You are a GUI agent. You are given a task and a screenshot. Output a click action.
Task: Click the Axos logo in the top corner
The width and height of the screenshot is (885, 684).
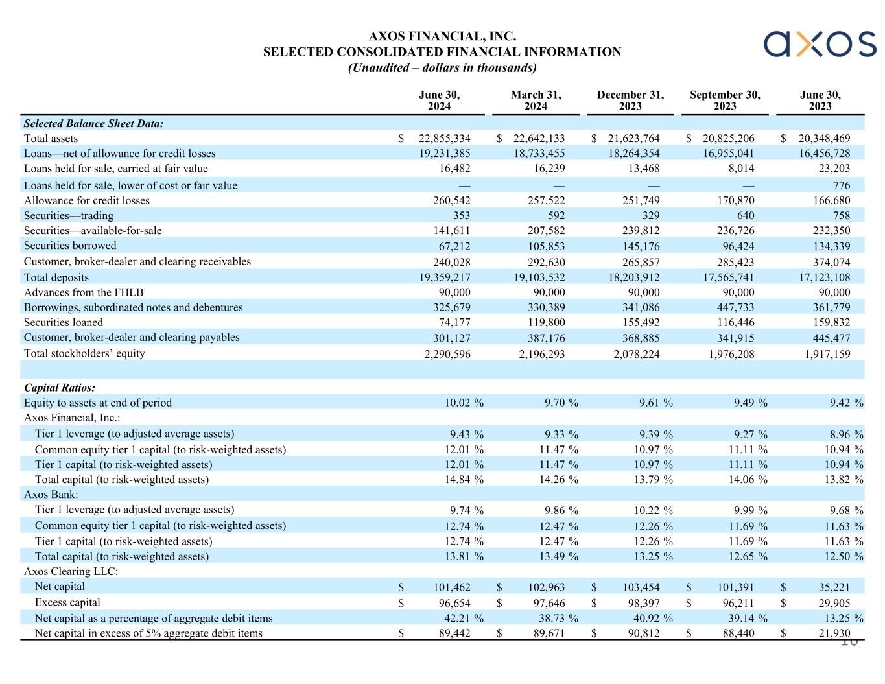[820, 43]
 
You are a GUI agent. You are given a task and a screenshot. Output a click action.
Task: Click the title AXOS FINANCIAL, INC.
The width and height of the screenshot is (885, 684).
[442, 36]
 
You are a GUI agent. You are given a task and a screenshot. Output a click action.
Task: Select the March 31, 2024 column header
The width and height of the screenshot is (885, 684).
[536, 100]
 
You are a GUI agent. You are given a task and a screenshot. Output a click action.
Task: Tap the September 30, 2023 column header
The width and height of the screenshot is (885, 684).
[725, 100]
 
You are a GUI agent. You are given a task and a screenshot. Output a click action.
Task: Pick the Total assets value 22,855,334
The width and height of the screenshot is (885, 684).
[445, 138]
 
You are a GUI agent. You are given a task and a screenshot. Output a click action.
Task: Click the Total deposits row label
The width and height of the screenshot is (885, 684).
[56, 277]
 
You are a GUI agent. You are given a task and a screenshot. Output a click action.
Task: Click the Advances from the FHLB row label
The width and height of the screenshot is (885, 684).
[84, 292]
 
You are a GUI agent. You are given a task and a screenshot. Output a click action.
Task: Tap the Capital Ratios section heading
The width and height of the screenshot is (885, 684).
[60, 388]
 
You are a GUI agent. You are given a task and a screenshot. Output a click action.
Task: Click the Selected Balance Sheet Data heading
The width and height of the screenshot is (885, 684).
[93, 123]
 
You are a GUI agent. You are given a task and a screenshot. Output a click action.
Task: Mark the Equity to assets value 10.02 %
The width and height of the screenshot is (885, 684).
[464, 403]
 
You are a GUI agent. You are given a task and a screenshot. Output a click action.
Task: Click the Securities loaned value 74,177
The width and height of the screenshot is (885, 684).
[451, 322]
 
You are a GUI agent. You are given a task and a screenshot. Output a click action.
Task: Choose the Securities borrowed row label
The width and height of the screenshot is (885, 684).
[70, 246]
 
